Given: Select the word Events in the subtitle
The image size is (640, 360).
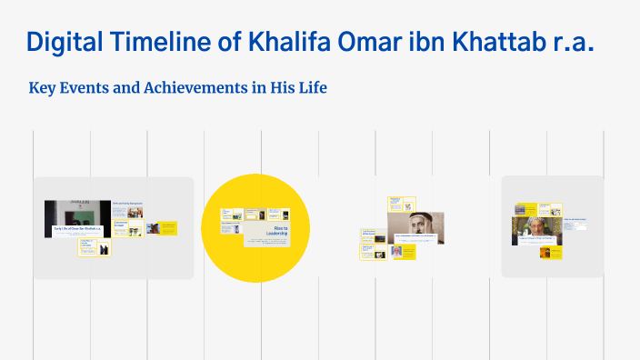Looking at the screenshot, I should click(88, 88).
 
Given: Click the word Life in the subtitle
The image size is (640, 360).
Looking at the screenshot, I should click(310, 88).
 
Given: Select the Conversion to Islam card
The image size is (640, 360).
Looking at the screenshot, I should click(127, 224).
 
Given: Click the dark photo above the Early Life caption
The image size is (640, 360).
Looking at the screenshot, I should click(77, 212).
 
